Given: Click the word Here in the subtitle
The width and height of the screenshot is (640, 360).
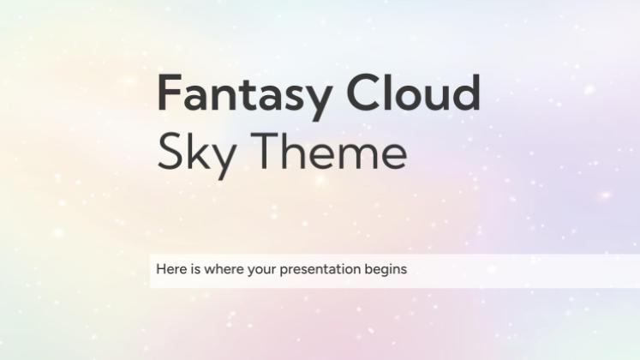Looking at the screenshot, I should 170,269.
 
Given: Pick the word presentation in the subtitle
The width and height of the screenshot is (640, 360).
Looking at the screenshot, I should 312,270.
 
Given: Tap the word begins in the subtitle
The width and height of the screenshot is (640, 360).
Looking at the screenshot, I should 386,270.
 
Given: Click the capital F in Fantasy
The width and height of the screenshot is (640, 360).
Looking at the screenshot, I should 168,93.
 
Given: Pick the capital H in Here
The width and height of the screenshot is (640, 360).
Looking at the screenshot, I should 161,269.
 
